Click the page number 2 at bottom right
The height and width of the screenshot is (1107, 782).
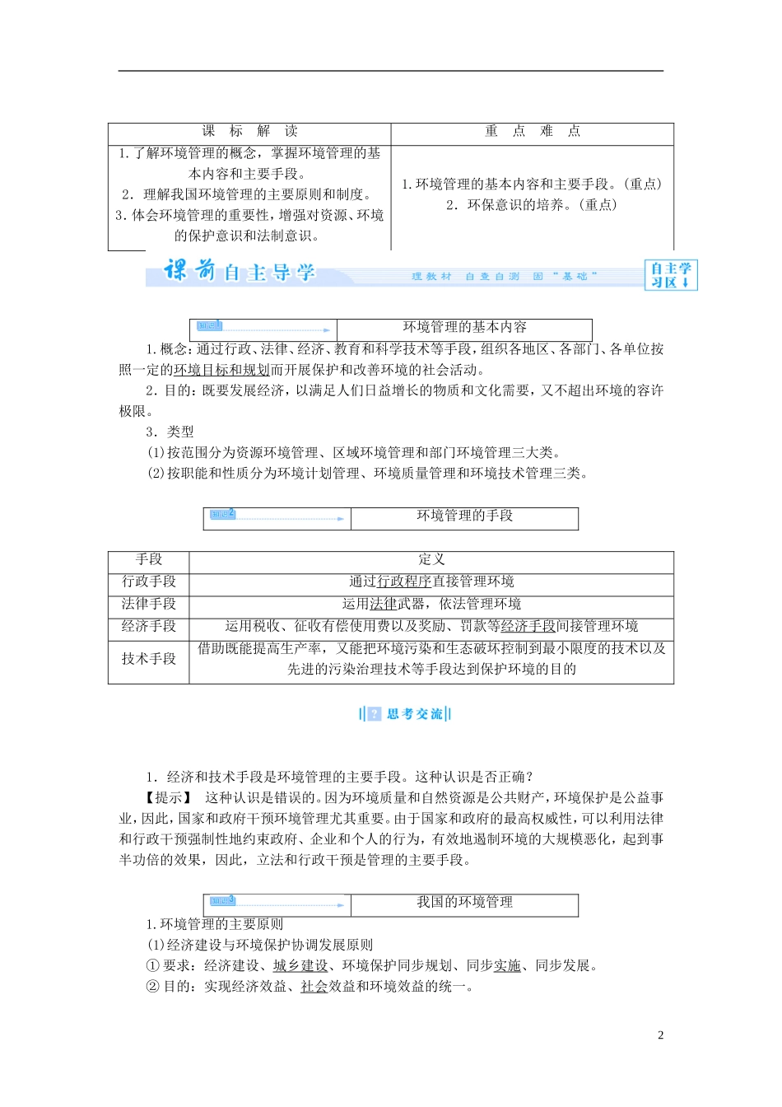(660, 1035)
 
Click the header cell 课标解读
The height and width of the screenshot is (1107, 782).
(249, 131)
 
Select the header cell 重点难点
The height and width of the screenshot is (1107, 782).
(532, 131)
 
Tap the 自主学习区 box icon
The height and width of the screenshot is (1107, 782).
(670, 275)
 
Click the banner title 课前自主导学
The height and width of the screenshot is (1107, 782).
(240, 271)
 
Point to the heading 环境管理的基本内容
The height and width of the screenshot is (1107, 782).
(464, 328)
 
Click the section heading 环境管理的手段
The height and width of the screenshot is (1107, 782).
(464, 516)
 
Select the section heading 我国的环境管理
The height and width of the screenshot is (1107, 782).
(464, 903)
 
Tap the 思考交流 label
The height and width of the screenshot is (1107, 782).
(407, 714)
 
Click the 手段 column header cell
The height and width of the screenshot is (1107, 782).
(149, 560)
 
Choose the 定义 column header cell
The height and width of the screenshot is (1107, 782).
(431, 560)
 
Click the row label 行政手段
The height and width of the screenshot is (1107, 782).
(149, 582)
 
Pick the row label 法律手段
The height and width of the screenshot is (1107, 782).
(149, 604)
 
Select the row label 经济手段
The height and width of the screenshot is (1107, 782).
(149, 626)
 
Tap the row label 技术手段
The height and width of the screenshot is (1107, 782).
(149, 659)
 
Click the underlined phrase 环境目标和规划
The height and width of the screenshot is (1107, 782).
(221, 370)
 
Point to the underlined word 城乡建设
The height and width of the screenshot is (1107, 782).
(300, 966)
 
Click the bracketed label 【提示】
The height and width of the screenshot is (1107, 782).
(169, 798)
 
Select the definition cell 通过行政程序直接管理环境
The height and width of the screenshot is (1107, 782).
(431, 582)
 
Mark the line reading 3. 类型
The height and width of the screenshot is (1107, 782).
(170, 432)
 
